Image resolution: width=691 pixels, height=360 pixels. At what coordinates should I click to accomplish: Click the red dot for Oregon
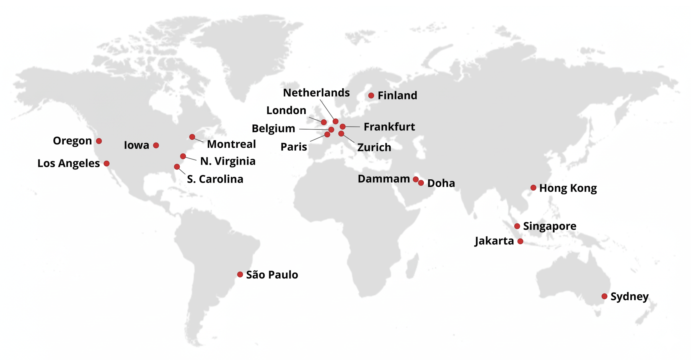[99, 141]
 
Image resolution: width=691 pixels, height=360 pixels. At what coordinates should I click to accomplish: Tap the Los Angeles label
[69, 163]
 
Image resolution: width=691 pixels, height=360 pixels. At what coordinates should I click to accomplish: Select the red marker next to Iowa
[156, 145]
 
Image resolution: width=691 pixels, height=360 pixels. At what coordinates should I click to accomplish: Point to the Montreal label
[231, 144]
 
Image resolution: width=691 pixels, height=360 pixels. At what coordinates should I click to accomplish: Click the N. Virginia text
[228, 161]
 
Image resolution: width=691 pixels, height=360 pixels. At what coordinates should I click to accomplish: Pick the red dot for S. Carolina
[177, 167]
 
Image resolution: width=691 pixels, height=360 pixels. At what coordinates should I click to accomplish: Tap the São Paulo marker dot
[240, 274]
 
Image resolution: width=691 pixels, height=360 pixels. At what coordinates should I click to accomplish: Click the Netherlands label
[316, 93]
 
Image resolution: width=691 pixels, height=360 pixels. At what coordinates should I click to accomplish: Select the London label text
[286, 110]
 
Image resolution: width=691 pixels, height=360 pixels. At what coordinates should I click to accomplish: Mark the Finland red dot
[371, 96]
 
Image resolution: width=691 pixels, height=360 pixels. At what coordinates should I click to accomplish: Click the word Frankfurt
[389, 127]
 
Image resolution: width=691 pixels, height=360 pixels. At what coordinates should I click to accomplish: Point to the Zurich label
[374, 147]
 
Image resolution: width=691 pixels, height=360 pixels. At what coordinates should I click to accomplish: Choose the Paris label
[294, 147]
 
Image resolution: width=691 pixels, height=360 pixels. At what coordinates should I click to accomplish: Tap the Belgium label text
[273, 128]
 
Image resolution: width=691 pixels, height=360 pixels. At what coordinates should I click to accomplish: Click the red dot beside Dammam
[416, 179]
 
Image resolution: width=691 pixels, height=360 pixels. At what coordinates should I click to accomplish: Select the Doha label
[441, 183]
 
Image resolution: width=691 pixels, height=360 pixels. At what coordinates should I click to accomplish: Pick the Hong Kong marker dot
[534, 188]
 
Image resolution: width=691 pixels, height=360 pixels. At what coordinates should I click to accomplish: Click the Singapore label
[550, 226]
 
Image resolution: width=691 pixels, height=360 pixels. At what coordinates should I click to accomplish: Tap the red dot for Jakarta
[520, 241]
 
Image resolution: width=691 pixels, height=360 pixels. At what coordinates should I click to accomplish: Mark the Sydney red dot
[604, 296]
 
